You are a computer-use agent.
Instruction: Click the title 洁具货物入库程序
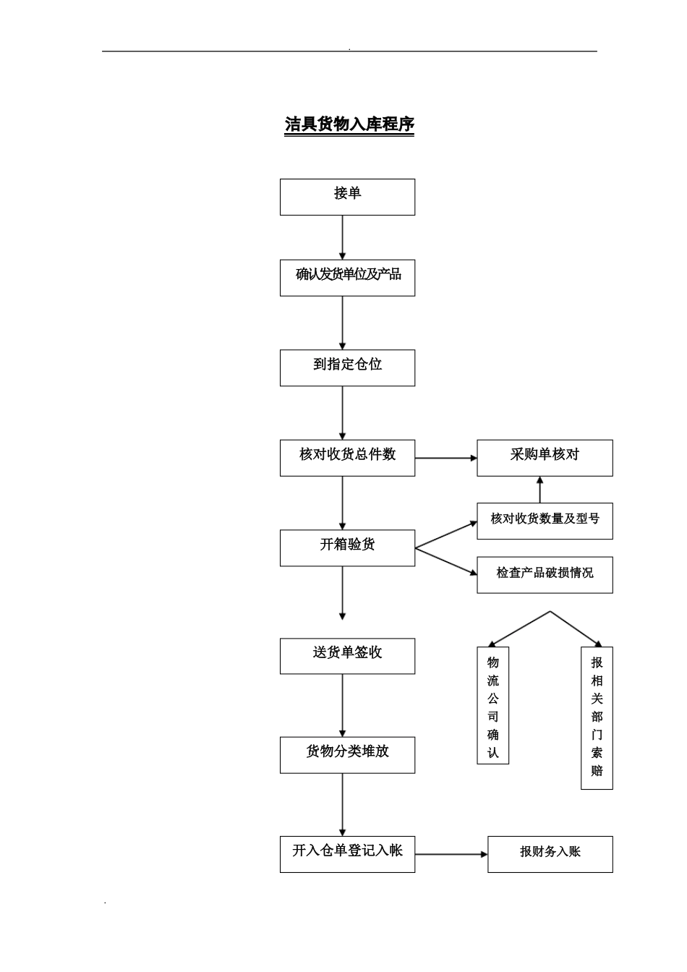(349, 124)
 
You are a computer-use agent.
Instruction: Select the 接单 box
(347, 197)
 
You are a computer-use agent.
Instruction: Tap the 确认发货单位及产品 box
(347, 278)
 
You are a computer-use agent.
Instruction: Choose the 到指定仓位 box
(347, 367)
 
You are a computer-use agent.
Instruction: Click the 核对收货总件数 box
(347, 458)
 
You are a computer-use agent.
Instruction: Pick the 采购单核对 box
(545, 458)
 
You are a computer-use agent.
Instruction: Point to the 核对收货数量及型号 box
(545, 521)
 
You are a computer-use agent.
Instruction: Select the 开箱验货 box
(347, 547)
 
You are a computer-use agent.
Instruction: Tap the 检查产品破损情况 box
(545, 575)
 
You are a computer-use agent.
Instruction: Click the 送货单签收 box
(347, 656)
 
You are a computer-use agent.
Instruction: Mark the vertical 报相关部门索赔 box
(597, 717)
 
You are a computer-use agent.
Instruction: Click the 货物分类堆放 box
(347, 755)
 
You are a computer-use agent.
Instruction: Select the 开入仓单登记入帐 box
(347, 854)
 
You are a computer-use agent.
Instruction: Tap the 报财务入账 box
(550, 854)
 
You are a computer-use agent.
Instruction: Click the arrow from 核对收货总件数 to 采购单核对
(445, 458)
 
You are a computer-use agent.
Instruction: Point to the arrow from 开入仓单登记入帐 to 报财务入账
(451, 854)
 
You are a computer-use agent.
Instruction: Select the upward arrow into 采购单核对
(539, 490)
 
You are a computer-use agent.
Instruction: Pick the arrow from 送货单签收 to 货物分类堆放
(342, 706)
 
